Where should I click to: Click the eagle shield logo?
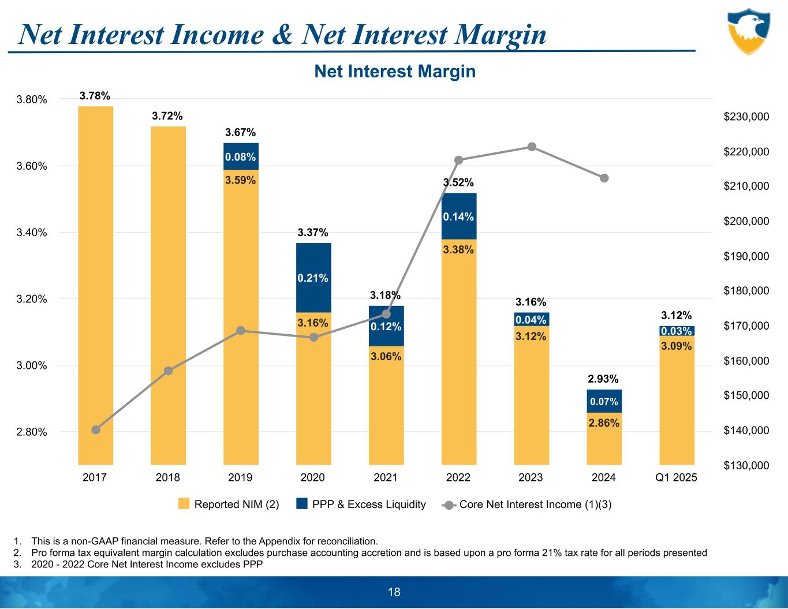coord(748,31)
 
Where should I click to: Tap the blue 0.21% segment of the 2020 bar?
coord(313,278)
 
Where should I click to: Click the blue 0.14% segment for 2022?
coord(459,216)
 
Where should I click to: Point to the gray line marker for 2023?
coord(532,147)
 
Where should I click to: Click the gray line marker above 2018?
coord(169,371)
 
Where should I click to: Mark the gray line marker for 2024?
coord(604,178)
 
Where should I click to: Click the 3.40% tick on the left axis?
coord(31,233)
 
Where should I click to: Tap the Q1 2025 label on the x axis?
coord(677,478)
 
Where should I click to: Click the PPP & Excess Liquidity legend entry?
coord(361,505)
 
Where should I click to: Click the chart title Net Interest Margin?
coord(395,72)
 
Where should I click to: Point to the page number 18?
coord(394,592)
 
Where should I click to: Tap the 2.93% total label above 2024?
coord(603,379)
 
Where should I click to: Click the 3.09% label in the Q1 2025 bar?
coord(677,346)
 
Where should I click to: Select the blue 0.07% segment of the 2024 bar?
coord(604,401)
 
